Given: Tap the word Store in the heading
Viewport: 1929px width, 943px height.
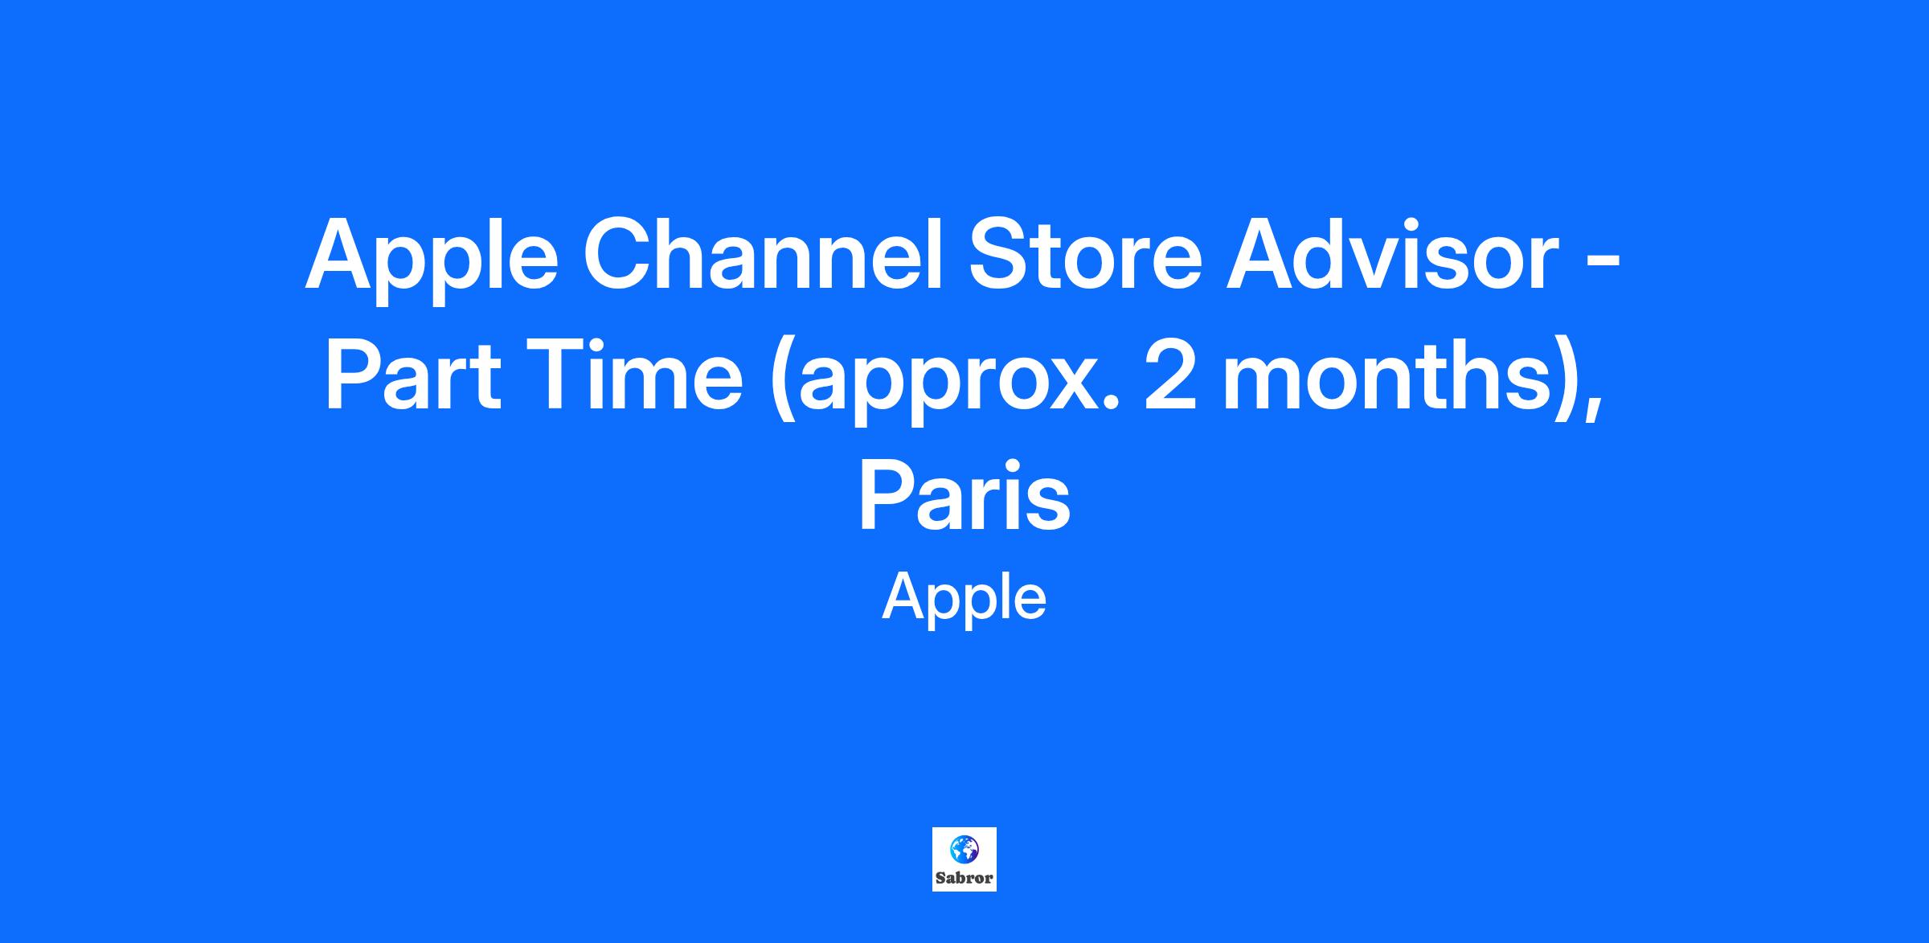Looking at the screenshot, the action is [x=1084, y=253].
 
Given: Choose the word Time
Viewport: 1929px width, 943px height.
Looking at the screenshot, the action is [x=635, y=373].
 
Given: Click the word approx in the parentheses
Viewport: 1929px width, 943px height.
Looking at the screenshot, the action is [x=944, y=383].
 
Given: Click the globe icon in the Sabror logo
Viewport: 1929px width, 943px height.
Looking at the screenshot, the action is [x=964, y=847].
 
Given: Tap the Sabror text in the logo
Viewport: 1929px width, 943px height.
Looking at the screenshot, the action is [x=964, y=878].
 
